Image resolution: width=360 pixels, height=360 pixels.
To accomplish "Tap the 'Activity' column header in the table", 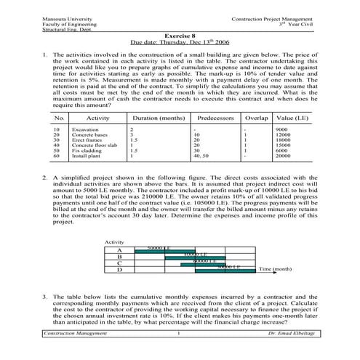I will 98,116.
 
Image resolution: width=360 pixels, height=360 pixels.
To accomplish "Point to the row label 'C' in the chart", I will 119,262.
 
